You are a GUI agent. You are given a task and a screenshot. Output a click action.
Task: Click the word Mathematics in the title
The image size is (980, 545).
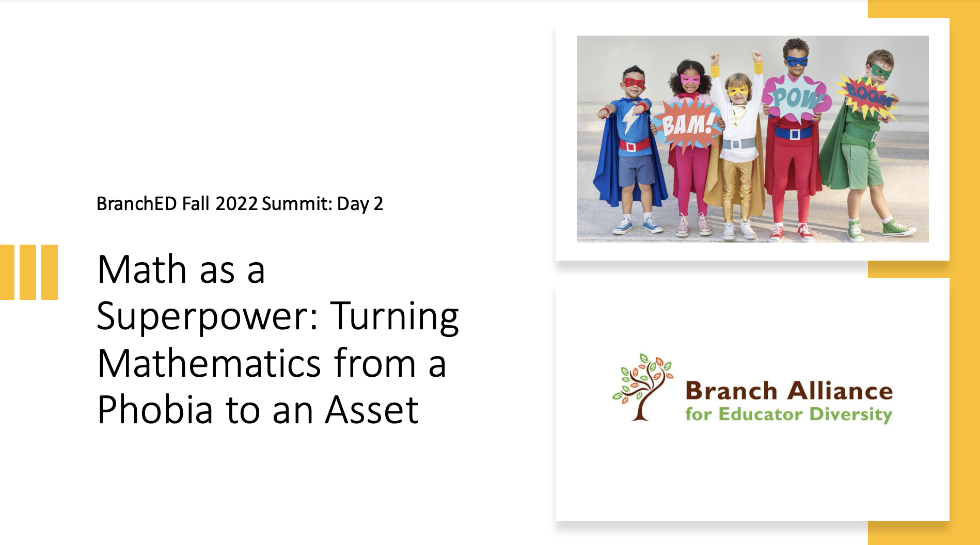[209, 363]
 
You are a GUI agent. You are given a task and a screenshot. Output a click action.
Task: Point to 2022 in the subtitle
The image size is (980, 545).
[236, 204]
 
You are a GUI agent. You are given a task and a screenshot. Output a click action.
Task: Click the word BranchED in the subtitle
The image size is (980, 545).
[137, 204]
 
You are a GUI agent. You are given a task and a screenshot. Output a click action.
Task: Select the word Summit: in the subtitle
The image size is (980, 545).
[297, 204]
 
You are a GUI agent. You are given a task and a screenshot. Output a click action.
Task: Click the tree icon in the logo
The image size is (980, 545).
[642, 387]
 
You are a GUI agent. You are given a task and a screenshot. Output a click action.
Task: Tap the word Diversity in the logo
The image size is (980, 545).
[851, 415]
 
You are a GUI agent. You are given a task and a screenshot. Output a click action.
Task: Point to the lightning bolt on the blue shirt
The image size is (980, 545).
[631, 121]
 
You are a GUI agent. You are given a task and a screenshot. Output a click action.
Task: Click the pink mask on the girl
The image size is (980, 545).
[690, 79]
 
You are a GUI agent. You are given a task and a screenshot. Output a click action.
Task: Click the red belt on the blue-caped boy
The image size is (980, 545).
[635, 145]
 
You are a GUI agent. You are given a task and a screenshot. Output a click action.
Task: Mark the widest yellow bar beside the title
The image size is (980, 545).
[50, 272]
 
